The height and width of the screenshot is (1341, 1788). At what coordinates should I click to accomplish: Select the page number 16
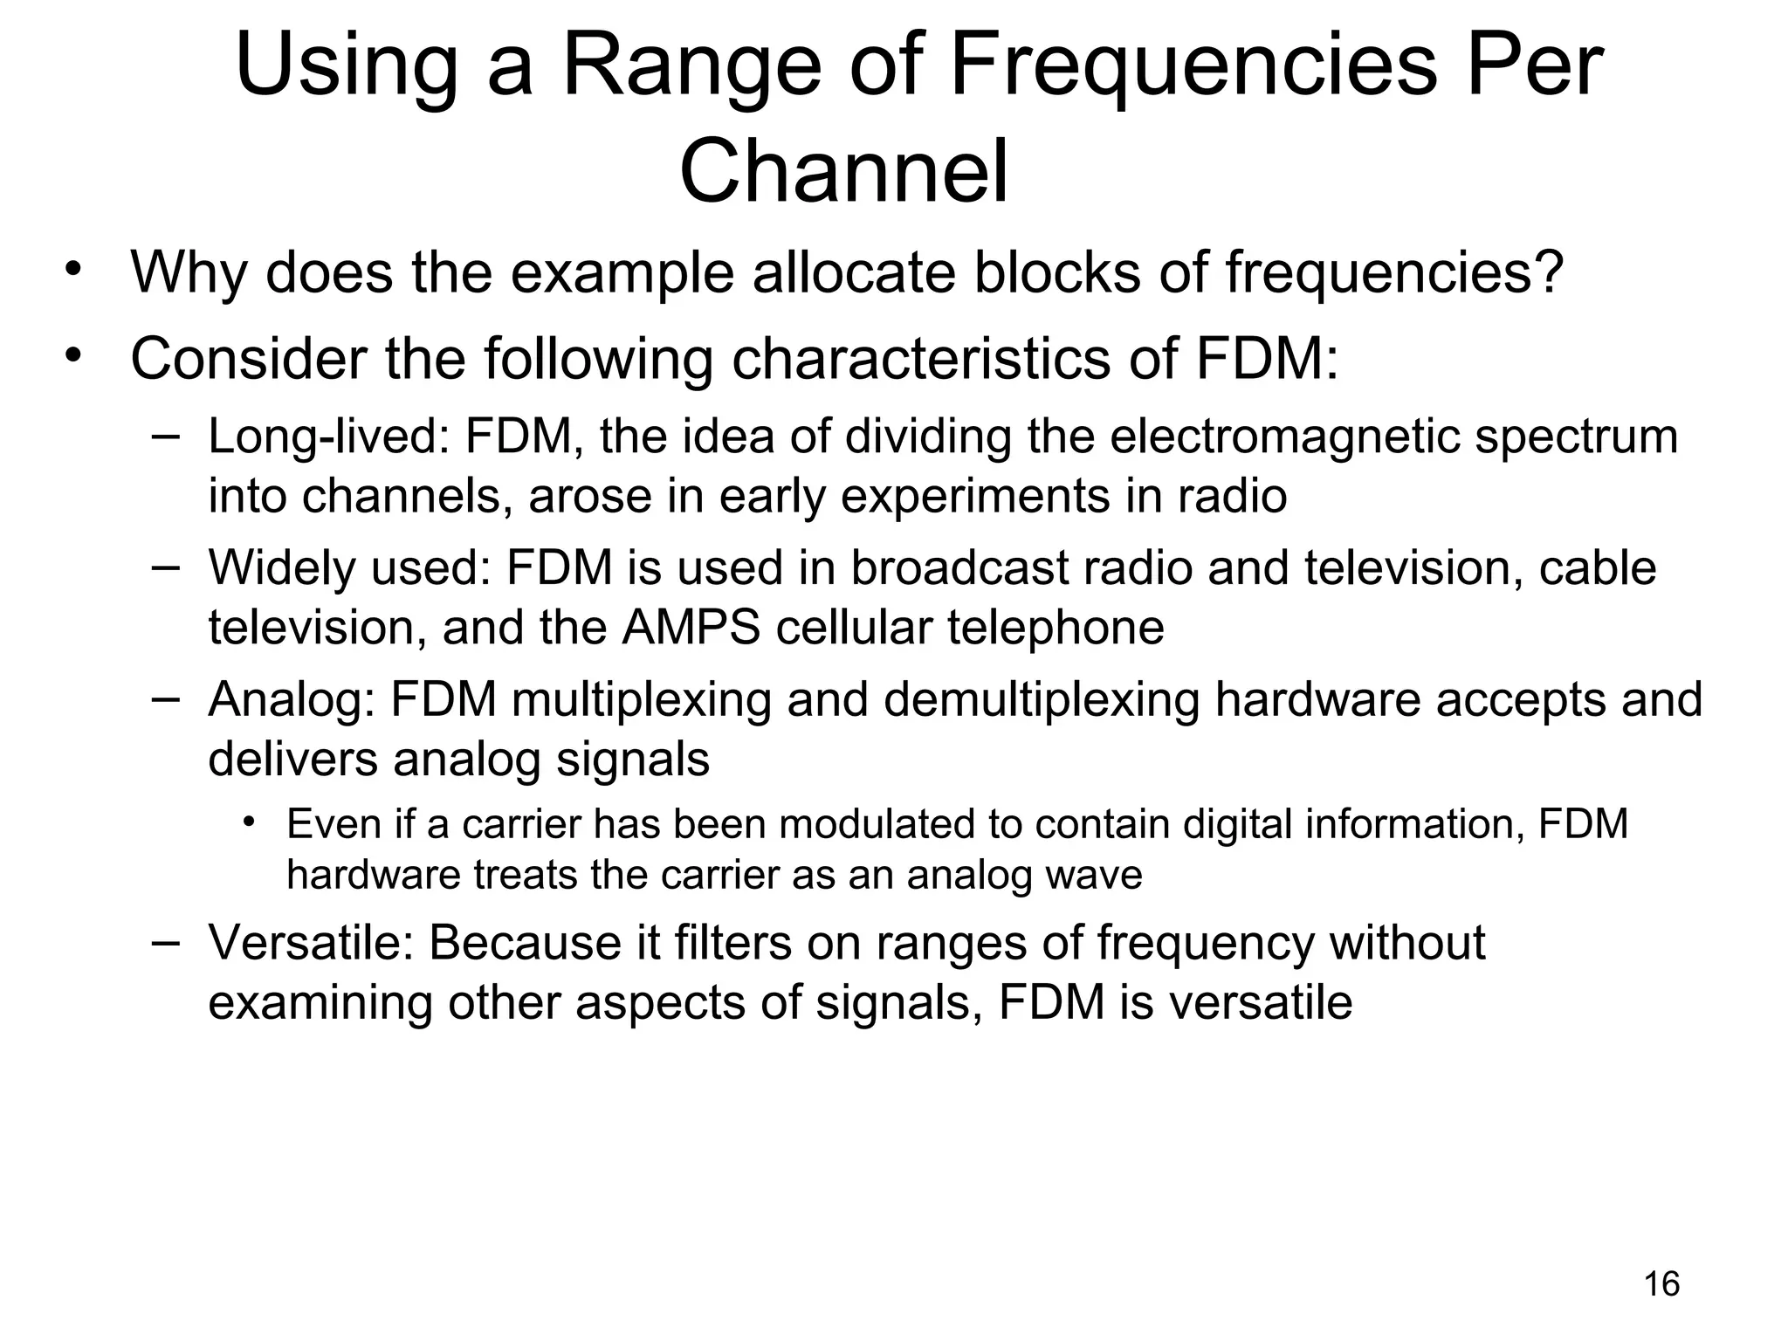pyautogui.click(x=1661, y=1284)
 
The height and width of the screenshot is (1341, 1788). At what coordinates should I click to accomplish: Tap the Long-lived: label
pyautogui.click(x=327, y=437)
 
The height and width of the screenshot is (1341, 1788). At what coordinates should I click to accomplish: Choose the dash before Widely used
pyautogui.click(x=165, y=566)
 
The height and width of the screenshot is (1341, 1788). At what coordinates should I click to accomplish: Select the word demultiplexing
pyautogui.click(x=1042, y=699)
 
